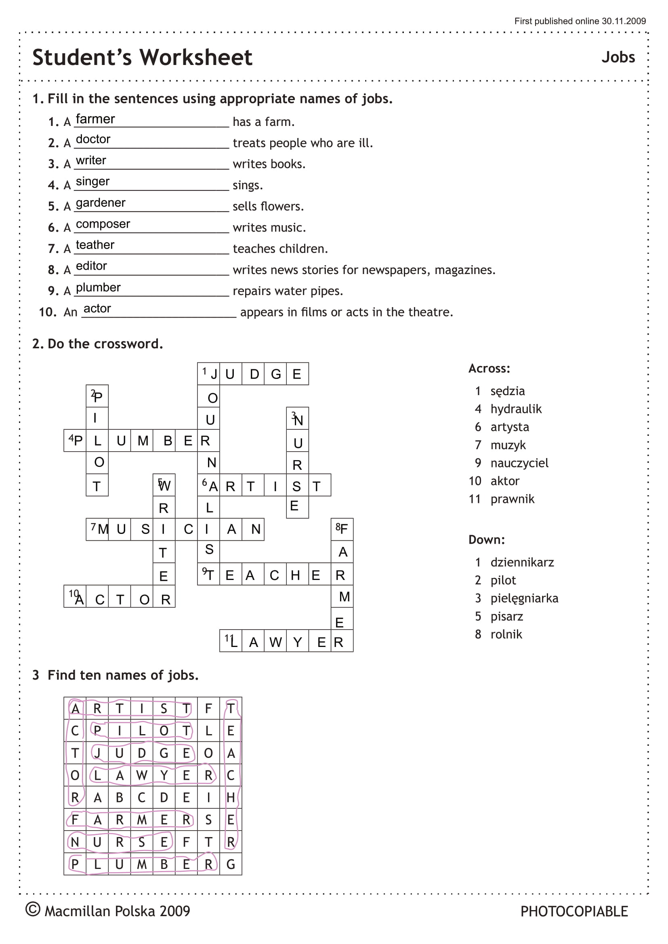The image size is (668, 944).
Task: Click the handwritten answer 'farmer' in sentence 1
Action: pyautogui.click(x=95, y=119)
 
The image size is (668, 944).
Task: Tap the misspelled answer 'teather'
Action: pyautogui.click(x=95, y=245)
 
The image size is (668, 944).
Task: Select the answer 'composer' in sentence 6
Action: pyautogui.click(x=103, y=224)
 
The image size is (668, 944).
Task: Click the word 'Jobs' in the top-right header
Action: pyautogui.click(x=618, y=57)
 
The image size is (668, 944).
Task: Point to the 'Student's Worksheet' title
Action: pyautogui.click(x=142, y=57)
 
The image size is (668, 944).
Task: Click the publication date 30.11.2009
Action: pyautogui.click(x=624, y=21)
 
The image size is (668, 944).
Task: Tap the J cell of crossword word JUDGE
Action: pyautogui.click(x=209, y=374)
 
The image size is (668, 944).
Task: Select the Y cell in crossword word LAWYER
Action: pyautogui.click(x=297, y=642)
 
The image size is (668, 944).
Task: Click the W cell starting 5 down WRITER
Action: pyautogui.click(x=164, y=485)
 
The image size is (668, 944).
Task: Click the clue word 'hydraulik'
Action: pyautogui.click(x=516, y=409)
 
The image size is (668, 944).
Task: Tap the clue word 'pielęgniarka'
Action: pyautogui.click(x=524, y=598)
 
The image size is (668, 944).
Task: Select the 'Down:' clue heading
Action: pyautogui.click(x=486, y=540)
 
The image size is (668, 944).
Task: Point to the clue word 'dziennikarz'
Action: pyautogui.click(x=522, y=562)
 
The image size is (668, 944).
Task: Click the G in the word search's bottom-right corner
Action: pyautogui.click(x=231, y=864)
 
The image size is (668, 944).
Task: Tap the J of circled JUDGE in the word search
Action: pyautogui.click(x=97, y=753)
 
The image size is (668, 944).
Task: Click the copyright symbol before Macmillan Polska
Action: pyautogui.click(x=33, y=909)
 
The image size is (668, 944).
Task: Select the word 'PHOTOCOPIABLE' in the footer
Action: pyautogui.click(x=574, y=912)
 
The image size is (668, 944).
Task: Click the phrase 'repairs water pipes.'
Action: pyautogui.click(x=288, y=291)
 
